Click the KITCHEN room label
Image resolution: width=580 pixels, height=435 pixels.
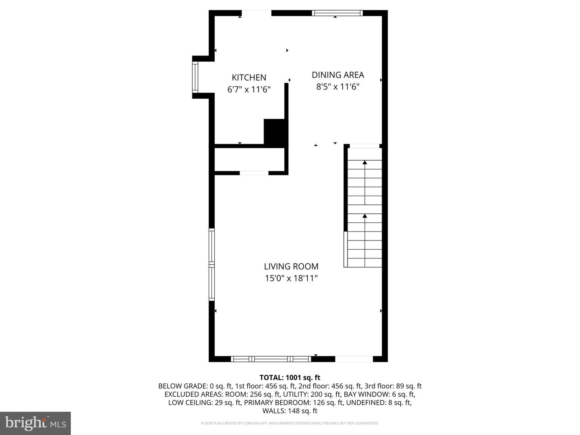(x=249, y=77)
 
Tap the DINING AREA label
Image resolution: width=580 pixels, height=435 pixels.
(x=338, y=75)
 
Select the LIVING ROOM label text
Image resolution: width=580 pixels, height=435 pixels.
(x=291, y=266)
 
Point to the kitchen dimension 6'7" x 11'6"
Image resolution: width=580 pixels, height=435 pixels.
(x=249, y=89)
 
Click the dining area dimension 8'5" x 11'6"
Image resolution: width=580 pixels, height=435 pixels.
(x=338, y=87)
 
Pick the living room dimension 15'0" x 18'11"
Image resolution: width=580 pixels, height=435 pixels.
(x=291, y=278)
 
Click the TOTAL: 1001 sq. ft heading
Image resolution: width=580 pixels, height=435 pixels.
(x=290, y=377)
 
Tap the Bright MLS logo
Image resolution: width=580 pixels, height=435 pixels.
(x=35, y=423)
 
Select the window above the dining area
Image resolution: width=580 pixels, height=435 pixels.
(x=337, y=13)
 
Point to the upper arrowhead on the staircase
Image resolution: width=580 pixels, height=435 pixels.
(x=365, y=162)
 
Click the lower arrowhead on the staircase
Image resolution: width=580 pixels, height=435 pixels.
(x=365, y=216)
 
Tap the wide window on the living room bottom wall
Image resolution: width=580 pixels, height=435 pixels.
(x=271, y=358)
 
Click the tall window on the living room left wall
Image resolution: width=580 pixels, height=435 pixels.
(x=211, y=264)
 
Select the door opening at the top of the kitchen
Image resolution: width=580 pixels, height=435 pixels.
(x=256, y=13)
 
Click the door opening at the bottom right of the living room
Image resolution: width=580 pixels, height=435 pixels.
(x=354, y=358)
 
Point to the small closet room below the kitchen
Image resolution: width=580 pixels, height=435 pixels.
(x=250, y=160)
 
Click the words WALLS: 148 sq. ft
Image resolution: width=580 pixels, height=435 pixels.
(x=290, y=411)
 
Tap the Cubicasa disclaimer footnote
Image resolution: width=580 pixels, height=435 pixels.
(x=290, y=423)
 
